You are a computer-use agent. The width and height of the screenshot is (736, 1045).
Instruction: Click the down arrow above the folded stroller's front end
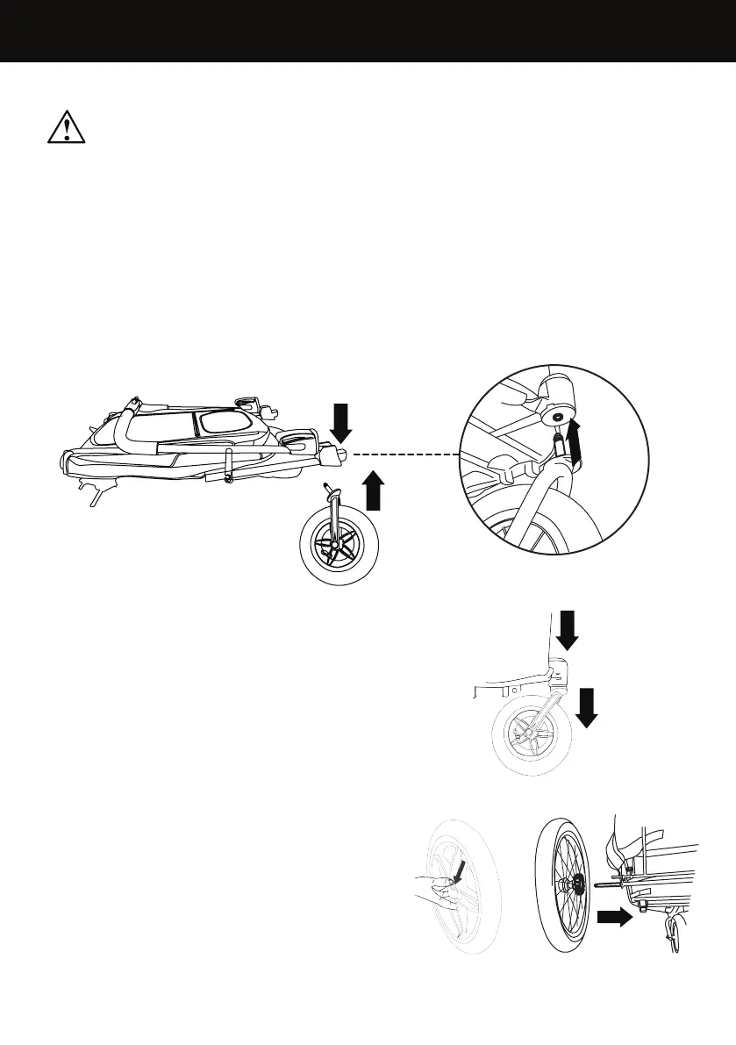(x=343, y=423)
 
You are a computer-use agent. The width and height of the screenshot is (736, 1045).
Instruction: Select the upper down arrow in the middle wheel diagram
(x=567, y=629)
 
